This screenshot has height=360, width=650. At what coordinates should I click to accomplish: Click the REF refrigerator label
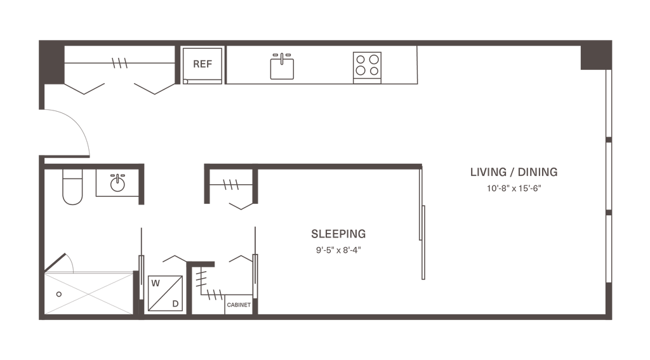pos(201,63)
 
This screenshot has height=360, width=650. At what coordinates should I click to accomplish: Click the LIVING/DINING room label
pos(514,172)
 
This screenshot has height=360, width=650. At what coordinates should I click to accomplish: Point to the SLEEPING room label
pos(339,234)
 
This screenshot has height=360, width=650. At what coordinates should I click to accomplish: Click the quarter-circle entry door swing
pos(69,130)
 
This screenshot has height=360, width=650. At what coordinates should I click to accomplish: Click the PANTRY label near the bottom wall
pos(239,305)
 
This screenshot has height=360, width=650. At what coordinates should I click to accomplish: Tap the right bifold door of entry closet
pos(152,89)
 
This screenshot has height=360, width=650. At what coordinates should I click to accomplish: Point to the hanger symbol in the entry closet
pos(119,63)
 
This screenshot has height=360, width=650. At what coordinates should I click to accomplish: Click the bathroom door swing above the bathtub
pos(62,261)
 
